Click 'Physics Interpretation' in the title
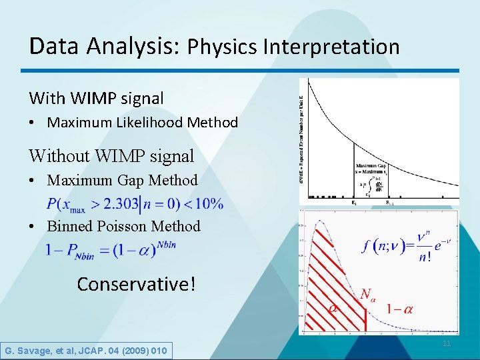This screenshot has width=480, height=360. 293,47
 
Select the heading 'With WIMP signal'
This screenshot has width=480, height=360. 96,98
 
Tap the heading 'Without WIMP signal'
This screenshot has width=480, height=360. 111,156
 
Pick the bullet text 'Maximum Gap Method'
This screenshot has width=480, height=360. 122,180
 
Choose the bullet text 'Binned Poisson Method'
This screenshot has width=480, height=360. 123,226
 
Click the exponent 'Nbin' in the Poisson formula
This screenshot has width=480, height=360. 165,245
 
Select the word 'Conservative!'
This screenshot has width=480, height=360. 137,284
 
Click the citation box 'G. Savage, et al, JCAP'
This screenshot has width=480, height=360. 86,350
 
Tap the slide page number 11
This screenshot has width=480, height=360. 447,343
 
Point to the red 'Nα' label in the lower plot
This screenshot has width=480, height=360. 367,293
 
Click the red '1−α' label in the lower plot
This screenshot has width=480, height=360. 399,309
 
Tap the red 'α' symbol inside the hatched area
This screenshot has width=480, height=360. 333,308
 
